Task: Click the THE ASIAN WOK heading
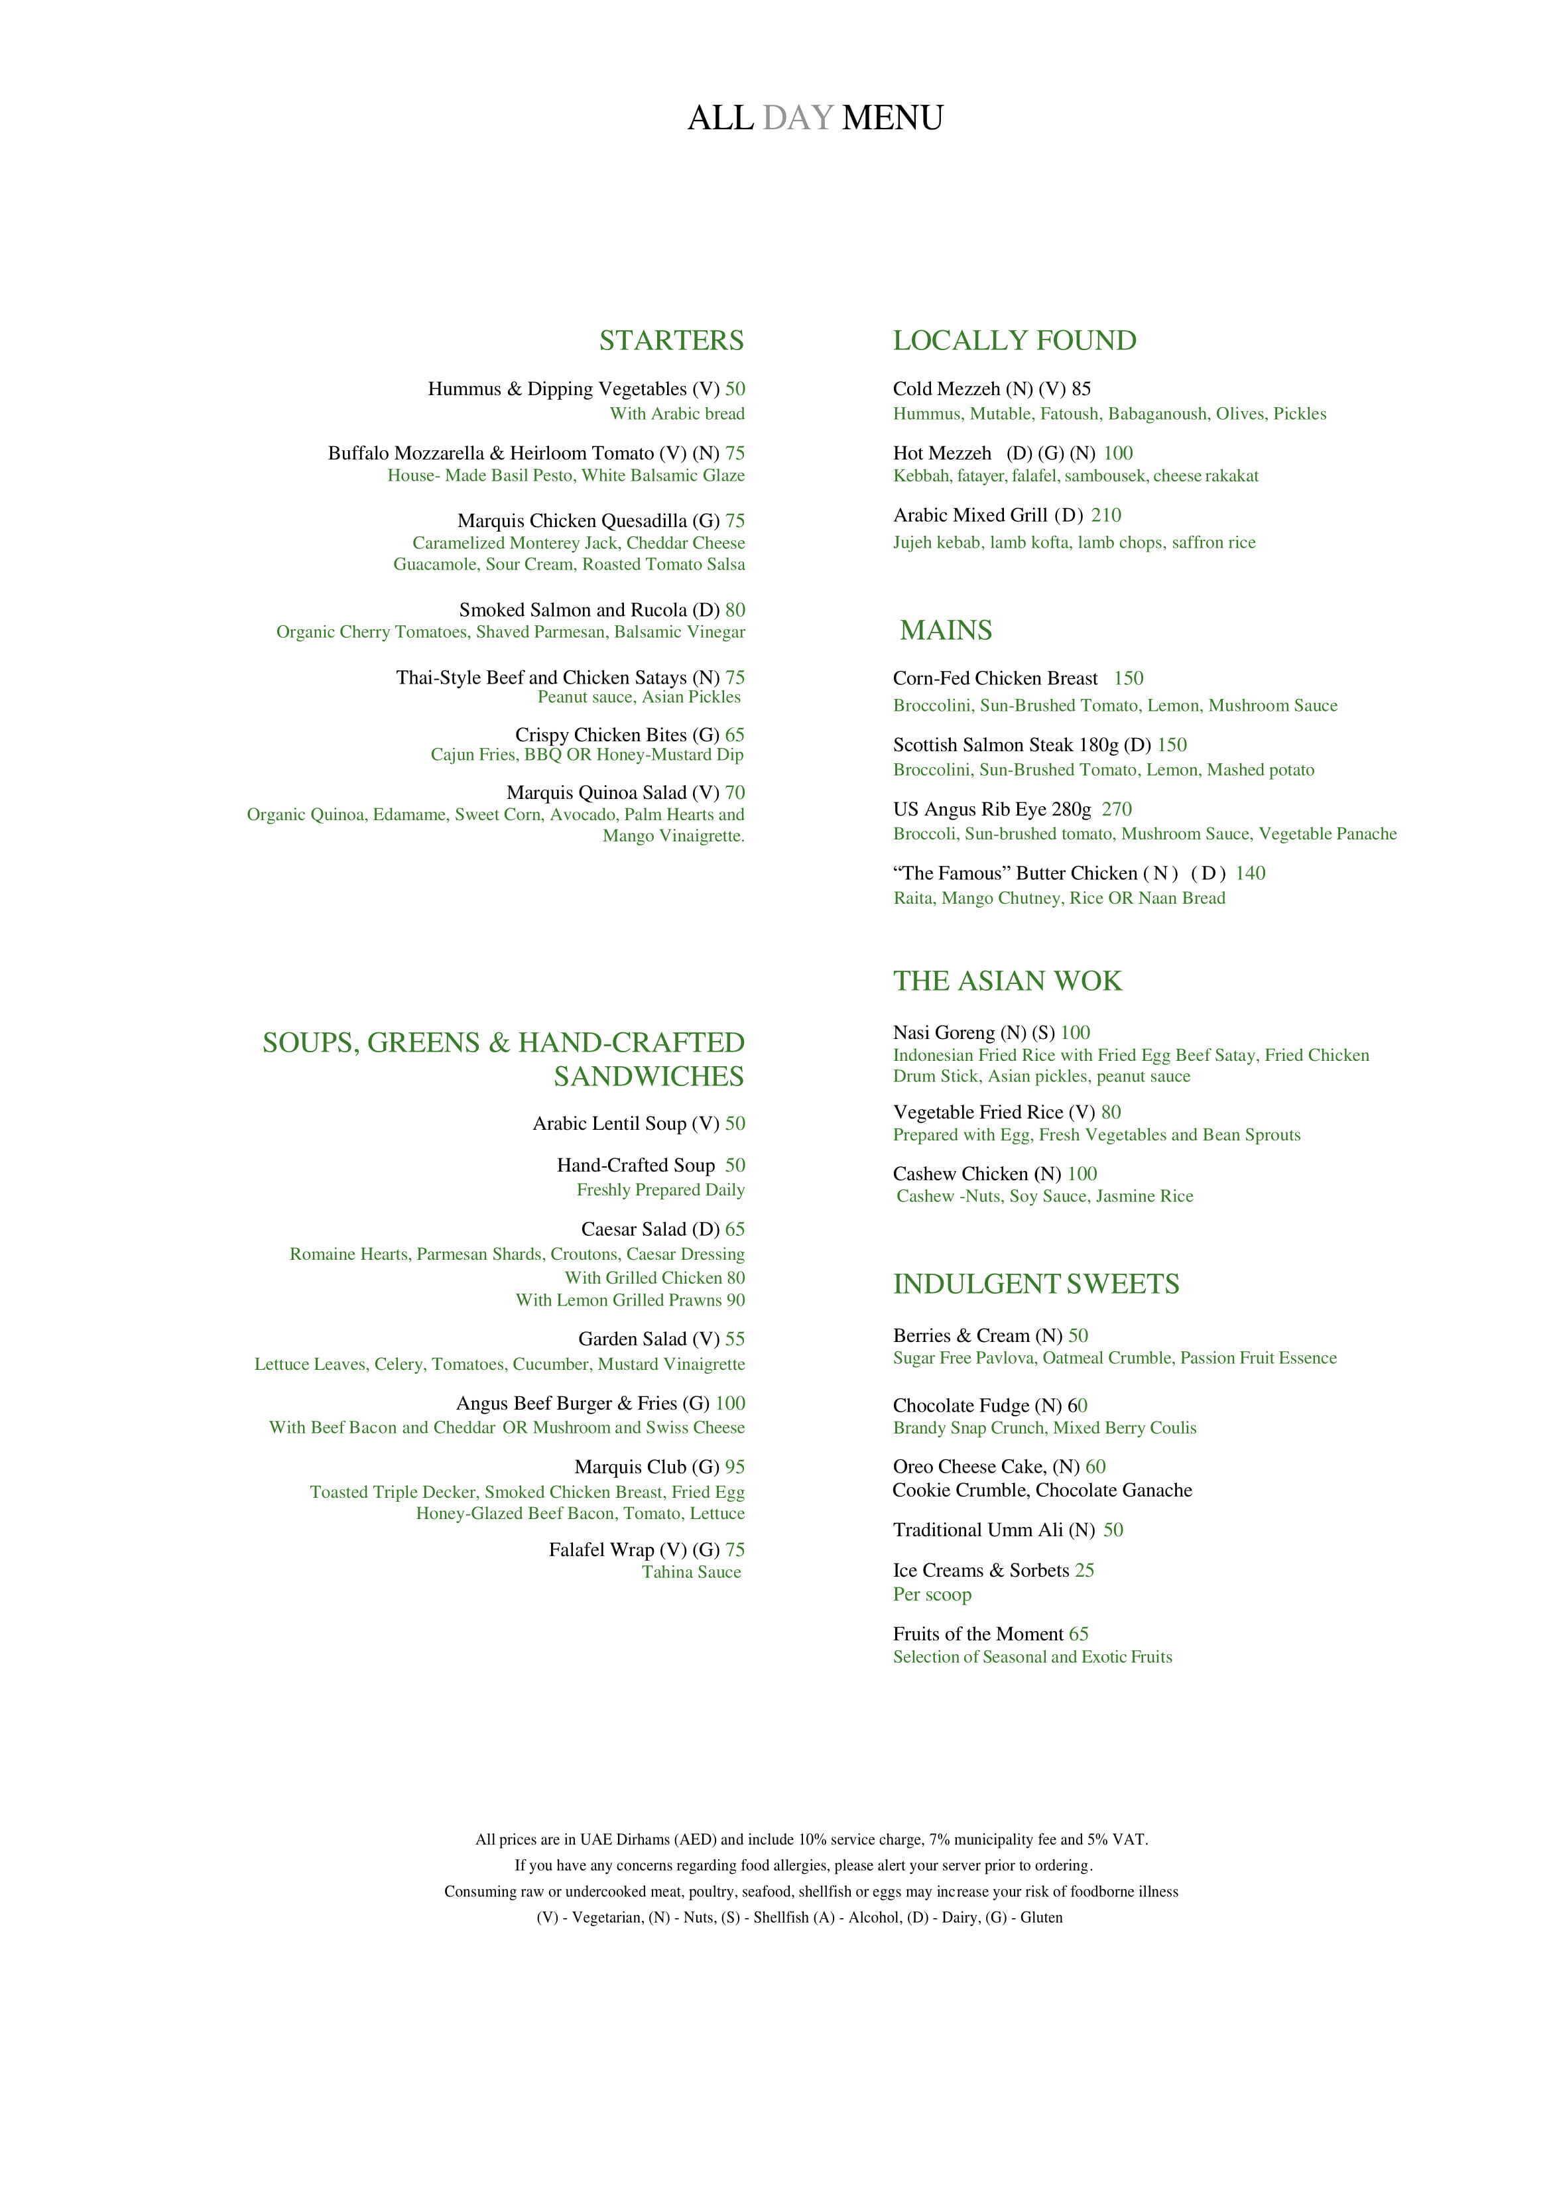1007,981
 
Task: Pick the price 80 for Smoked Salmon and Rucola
735,609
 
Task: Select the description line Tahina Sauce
691,1572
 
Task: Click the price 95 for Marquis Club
735,1466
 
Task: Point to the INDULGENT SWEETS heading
1036,1284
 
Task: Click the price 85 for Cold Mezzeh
1081,389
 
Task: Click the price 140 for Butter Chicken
1250,873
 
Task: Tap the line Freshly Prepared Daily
660,1189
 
